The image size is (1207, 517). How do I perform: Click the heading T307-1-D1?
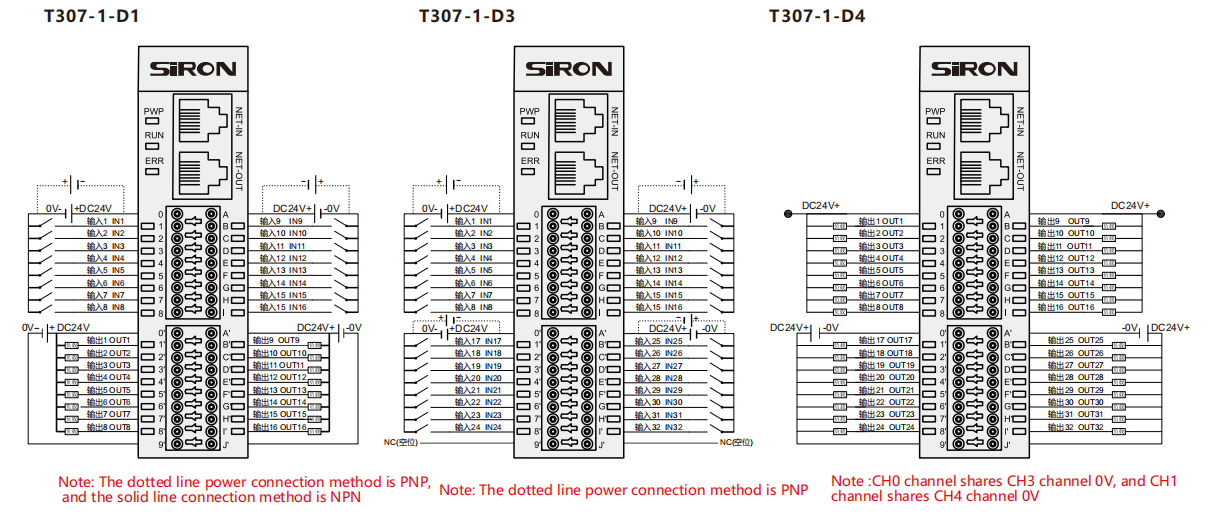tap(92, 16)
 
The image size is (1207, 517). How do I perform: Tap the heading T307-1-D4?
tap(817, 16)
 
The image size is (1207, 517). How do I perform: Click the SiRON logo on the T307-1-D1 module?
tap(193, 69)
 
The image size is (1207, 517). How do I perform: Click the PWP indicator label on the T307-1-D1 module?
tap(153, 111)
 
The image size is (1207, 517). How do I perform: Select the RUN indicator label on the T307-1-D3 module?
tap(530, 135)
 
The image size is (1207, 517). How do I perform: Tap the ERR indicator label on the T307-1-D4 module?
tap(935, 160)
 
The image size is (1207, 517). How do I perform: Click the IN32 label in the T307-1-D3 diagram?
tap(673, 427)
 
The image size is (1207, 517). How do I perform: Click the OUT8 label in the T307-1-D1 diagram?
tap(120, 427)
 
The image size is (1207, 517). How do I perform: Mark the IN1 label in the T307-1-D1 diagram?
tap(117, 221)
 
